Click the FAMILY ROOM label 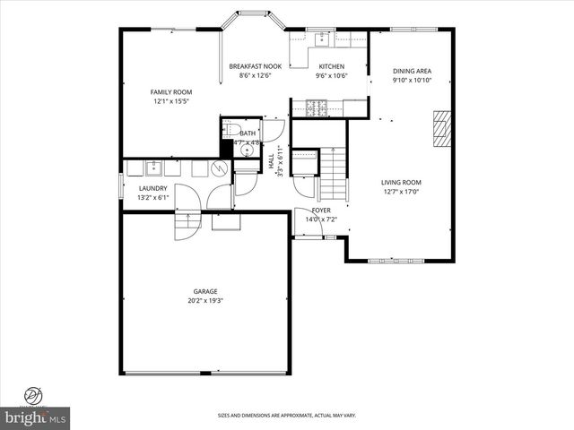click(x=170, y=91)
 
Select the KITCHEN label click(x=331, y=66)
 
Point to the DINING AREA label click(x=413, y=71)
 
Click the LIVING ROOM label click(x=401, y=182)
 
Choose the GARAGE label click(x=205, y=291)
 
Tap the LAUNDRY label click(x=152, y=188)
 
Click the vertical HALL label click(x=272, y=162)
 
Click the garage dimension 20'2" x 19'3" click(x=205, y=301)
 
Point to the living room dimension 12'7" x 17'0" click(x=401, y=191)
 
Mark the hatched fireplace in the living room click(x=440, y=128)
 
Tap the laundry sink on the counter click(x=152, y=167)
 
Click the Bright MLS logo click(x=36, y=417)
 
